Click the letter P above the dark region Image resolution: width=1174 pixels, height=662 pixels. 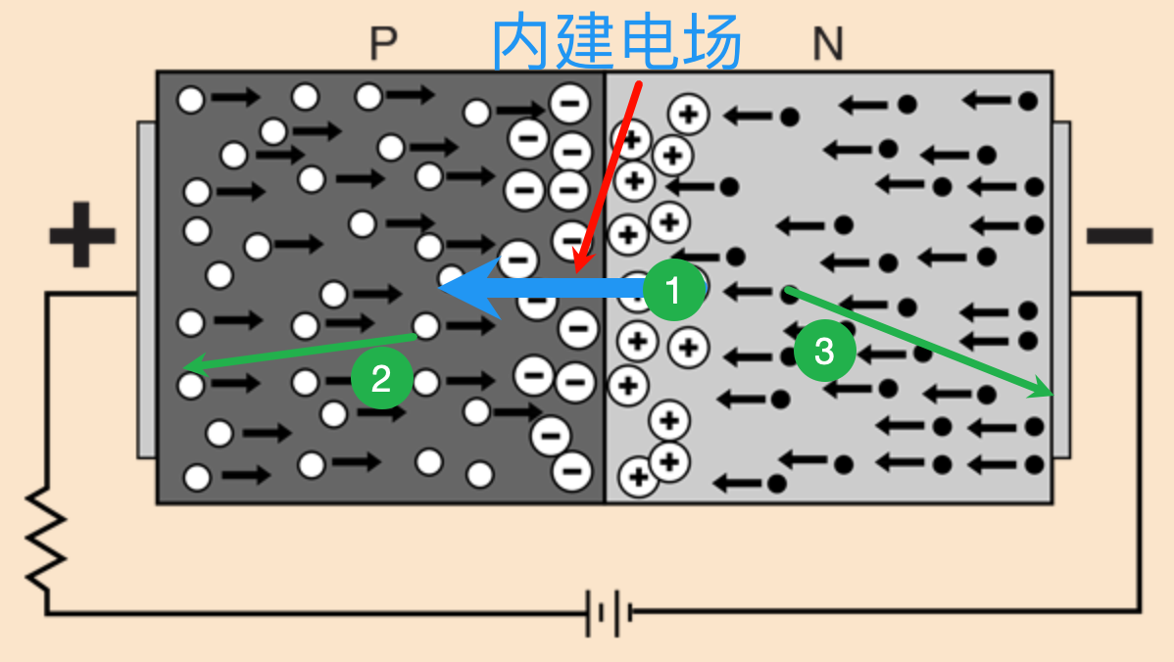[x=383, y=44]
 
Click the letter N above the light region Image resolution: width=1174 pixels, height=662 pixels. [x=828, y=44]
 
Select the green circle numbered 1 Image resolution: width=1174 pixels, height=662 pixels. [x=673, y=289]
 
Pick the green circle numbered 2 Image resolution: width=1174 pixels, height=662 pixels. [x=381, y=378]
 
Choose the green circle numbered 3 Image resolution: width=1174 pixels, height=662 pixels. [x=824, y=351]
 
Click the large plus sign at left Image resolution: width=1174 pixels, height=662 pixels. [x=82, y=235]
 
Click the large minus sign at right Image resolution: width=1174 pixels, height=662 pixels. [x=1119, y=235]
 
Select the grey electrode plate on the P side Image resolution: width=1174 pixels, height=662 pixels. [x=146, y=290]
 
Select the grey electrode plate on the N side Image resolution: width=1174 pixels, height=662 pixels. [x=1060, y=290]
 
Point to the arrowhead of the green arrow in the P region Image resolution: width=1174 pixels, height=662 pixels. [x=189, y=368]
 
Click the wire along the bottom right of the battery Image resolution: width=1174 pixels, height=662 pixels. [x=882, y=614]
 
